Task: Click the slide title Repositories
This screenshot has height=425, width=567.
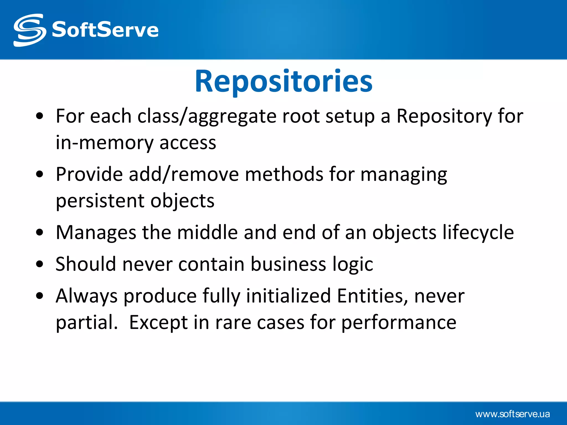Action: tap(283, 81)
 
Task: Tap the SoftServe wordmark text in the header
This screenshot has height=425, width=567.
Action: tap(105, 30)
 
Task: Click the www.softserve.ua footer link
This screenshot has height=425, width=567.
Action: tap(512, 414)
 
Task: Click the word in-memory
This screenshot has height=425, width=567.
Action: tap(104, 143)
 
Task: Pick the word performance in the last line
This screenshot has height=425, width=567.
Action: tap(399, 323)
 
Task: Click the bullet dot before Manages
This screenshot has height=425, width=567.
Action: tap(40, 233)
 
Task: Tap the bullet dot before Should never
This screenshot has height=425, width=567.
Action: tap(40, 265)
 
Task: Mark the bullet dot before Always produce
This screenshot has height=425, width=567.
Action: tap(40, 296)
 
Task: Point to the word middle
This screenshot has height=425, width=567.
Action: tap(207, 232)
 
